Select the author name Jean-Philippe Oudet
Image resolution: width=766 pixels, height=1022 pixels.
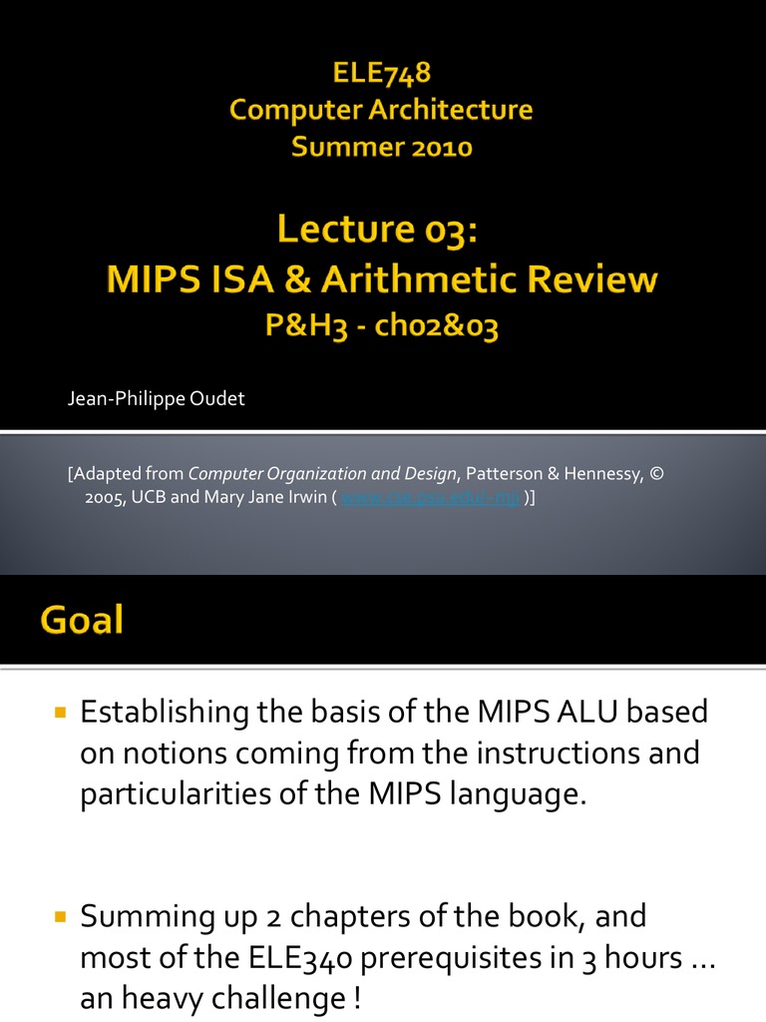click(x=156, y=399)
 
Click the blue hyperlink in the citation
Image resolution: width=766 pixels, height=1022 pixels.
click(x=431, y=498)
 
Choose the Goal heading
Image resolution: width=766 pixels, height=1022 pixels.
click(x=82, y=621)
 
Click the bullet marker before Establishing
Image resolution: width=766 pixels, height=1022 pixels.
click(x=59, y=713)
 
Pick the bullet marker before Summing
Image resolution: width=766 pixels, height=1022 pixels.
click(x=59, y=916)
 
